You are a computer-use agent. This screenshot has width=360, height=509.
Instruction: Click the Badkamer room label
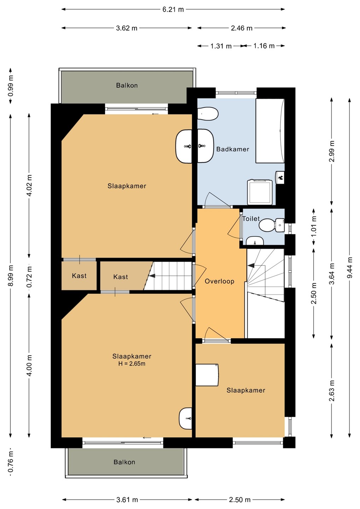pyautogui.click(x=232, y=149)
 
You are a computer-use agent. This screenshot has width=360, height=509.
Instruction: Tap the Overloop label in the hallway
pyautogui.click(x=219, y=281)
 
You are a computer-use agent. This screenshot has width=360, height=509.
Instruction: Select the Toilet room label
pyautogui.click(x=251, y=218)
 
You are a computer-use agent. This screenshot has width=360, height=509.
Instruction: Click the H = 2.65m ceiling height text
pyautogui.click(x=132, y=364)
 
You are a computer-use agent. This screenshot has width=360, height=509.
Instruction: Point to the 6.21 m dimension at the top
pyautogui.click(x=173, y=10)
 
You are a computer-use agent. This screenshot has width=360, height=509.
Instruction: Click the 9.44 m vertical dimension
pyautogui.click(x=349, y=267)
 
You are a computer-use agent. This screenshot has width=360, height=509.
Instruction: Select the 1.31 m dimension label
pyautogui.click(x=221, y=46)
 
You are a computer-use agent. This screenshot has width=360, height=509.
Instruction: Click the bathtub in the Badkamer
pyautogui.click(x=270, y=130)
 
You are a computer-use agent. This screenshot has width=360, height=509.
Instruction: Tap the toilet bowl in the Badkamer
pyautogui.click(x=208, y=113)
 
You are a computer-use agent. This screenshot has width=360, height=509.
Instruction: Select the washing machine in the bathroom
pyautogui.click(x=260, y=192)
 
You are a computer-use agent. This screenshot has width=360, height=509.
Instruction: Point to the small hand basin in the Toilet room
pyautogui.click(x=255, y=241)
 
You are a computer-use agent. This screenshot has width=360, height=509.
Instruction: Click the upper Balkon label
pyautogui.click(x=127, y=86)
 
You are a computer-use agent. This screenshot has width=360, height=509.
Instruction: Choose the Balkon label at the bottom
pyautogui.click(x=124, y=462)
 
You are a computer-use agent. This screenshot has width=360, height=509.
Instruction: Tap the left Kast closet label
pyautogui.click(x=79, y=276)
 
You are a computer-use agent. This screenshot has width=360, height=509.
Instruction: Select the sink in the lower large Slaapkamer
pyautogui.click(x=185, y=419)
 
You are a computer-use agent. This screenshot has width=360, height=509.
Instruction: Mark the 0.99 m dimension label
pyautogui.click(x=11, y=86)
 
